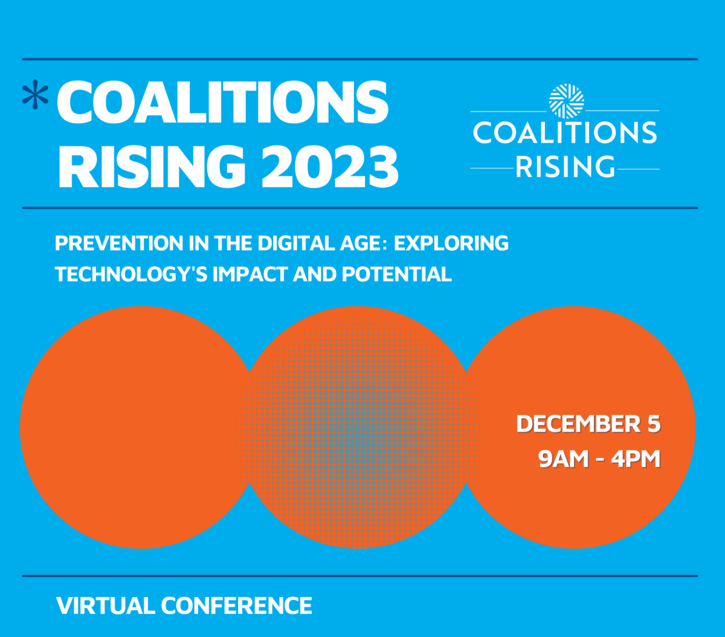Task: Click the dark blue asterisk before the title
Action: tap(35, 95)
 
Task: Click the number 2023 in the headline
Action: tap(330, 167)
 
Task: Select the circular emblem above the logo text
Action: tap(567, 101)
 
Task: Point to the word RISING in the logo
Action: tap(565, 167)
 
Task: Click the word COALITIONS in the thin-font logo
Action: tap(565, 133)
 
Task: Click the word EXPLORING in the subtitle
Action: tap(451, 244)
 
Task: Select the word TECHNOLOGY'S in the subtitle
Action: tap(131, 274)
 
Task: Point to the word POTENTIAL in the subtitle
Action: tap(397, 274)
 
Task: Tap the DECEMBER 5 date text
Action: tap(588, 424)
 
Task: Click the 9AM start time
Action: tap(563, 459)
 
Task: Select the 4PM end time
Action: tap(636, 459)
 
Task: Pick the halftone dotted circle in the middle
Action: tap(358, 427)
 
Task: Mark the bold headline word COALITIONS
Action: tap(222, 101)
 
